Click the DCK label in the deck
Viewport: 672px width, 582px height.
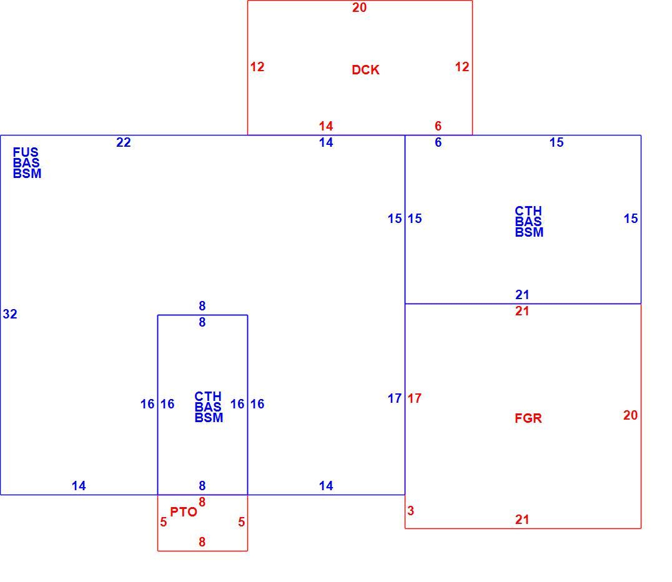coord(365,70)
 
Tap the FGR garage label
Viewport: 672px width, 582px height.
coord(528,418)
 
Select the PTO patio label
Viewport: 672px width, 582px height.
coord(184,511)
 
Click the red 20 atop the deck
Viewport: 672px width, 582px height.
coord(360,7)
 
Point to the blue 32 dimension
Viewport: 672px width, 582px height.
coord(10,314)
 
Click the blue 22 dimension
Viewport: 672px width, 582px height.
coord(124,142)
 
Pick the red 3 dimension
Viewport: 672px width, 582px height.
coord(410,511)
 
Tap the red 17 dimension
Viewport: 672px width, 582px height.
coord(415,398)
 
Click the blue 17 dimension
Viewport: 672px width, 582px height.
coord(395,398)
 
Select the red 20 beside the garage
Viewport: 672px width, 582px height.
coord(630,415)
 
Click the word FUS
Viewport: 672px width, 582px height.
coord(26,152)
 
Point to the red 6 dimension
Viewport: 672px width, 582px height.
coord(438,126)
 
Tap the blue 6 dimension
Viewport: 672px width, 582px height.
coord(438,142)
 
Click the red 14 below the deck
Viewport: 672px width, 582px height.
coord(326,126)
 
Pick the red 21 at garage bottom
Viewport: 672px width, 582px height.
coord(522,520)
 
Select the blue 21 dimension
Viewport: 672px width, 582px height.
coord(522,295)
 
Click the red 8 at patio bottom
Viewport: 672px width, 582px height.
coord(202,542)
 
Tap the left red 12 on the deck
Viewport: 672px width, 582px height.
coord(257,67)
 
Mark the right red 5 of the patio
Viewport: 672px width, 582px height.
coord(242,522)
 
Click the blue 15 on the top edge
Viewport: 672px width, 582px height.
coord(556,142)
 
